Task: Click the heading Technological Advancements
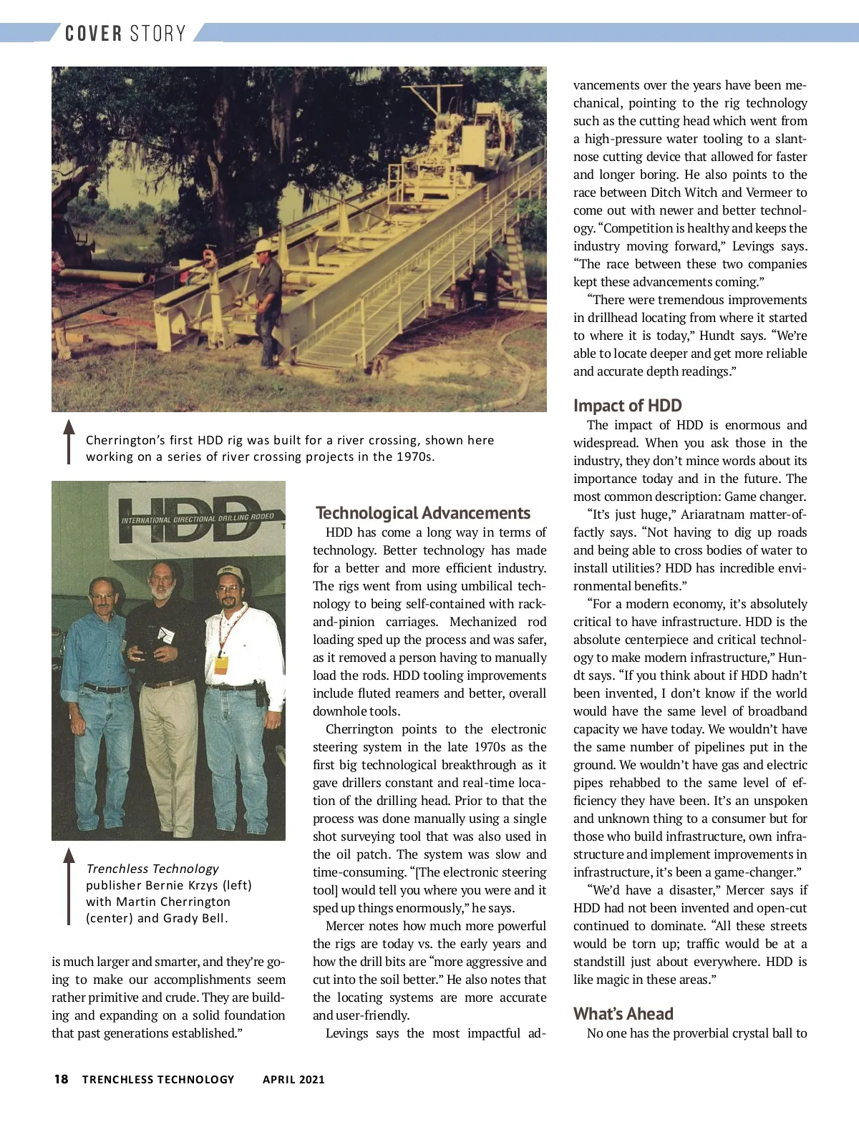[x=423, y=513]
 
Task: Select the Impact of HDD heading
[x=627, y=406]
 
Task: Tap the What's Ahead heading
[x=623, y=1014]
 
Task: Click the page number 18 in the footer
[x=62, y=1079]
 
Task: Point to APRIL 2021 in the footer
[x=293, y=1079]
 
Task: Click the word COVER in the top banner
[x=94, y=34]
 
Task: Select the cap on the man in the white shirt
[x=229, y=574]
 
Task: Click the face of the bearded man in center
[x=162, y=582]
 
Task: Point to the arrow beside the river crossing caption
[x=69, y=441]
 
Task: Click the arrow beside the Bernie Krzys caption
[x=69, y=886]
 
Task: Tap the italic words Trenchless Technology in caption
[x=152, y=869]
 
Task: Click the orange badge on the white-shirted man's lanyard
[x=221, y=663]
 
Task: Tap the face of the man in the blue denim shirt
[x=102, y=596]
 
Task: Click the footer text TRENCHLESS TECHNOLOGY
[x=158, y=1079]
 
